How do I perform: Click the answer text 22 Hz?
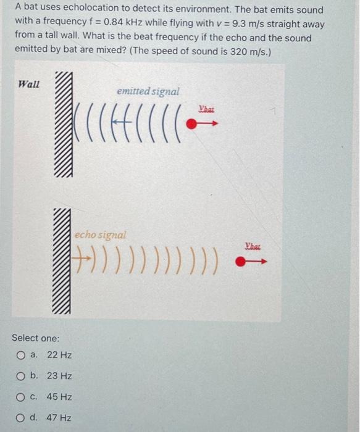[x=59, y=355]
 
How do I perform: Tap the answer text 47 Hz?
[x=59, y=418]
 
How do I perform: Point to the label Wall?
[x=29, y=84]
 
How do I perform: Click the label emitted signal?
[x=148, y=91]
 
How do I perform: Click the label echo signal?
[x=101, y=235]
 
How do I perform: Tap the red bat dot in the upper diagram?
[x=192, y=124]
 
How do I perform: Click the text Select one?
[x=36, y=338]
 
